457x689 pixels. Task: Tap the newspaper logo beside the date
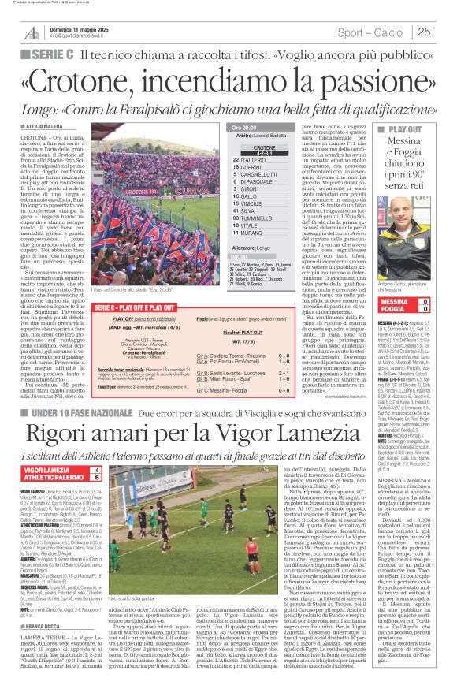(x=32, y=32)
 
